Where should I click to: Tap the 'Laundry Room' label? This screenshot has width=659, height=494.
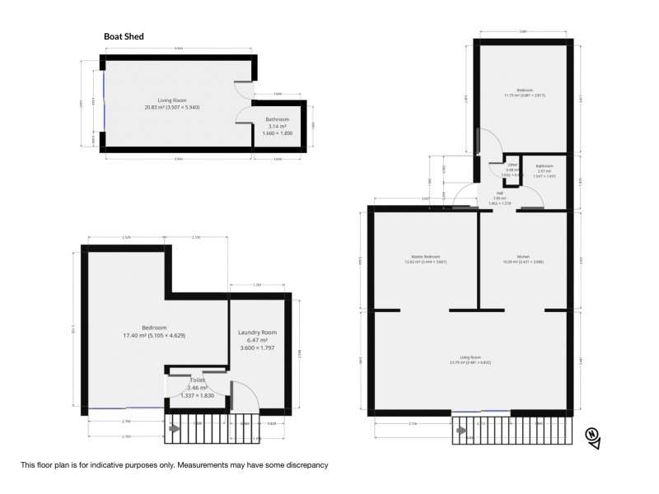[257, 333]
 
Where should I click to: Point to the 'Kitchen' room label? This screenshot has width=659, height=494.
[523, 257]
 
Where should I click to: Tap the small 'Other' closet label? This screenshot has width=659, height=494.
[512, 165]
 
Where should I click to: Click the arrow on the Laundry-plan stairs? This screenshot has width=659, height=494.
[174, 428]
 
